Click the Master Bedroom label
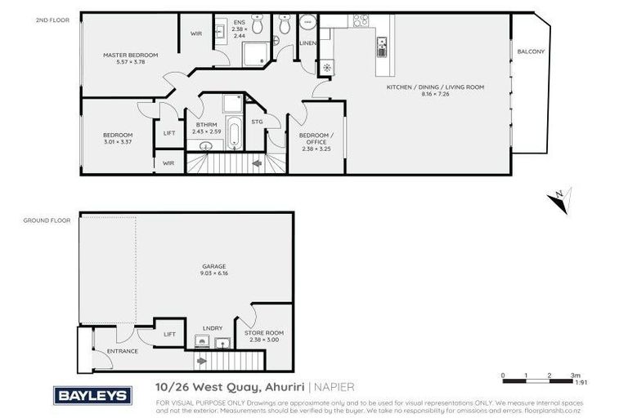[130, 55]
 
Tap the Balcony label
[531, 51]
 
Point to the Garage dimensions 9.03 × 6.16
[213, 273]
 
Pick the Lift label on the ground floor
[169, 333]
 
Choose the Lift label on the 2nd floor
[169, 132]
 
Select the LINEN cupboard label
[307, 42]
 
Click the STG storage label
[256, 121]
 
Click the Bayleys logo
[92, 396]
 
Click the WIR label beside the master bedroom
[196, 33]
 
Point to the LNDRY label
[213, 328]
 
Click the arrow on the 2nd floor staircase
[257, 164]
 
